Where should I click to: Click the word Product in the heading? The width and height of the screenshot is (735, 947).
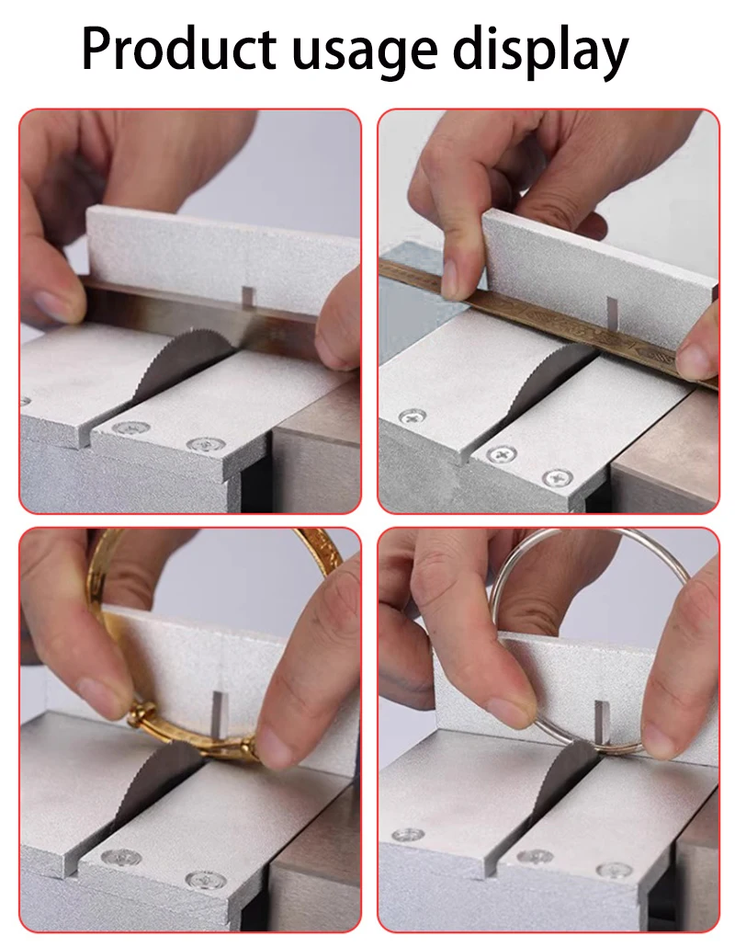(x=178, y=49)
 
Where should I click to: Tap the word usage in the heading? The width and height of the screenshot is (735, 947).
(x=365, y=54)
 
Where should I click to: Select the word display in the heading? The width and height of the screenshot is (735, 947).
(x=541, y=51)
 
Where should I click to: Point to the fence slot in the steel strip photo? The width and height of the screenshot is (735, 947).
(x=248, y=297)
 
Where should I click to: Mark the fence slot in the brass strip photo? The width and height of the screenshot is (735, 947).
(x=611, y=310)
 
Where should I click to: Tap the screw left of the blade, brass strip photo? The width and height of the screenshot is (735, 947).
(x=413, y=416)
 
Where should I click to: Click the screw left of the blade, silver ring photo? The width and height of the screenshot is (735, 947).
(x=408, y=835)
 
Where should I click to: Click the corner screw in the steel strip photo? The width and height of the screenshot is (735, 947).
(x=206, y=445)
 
